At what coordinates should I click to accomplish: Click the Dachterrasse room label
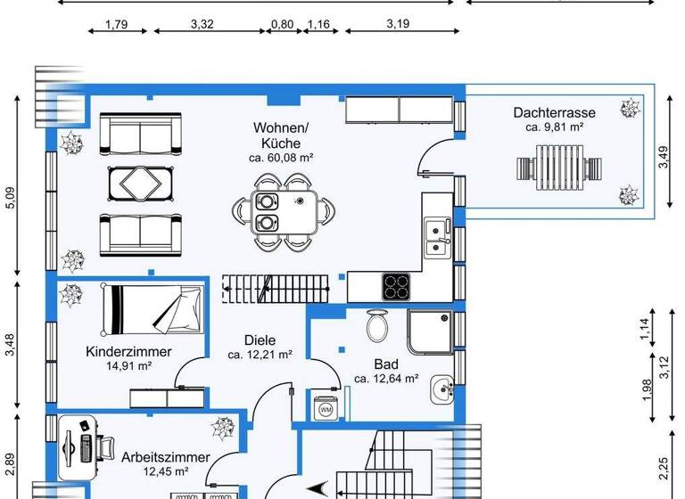[554, 112]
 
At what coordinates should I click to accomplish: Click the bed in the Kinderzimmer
[153, 308]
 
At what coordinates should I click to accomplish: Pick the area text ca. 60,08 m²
[281, 158]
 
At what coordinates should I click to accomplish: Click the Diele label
[260, 339]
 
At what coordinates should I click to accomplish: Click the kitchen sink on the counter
[436, 237]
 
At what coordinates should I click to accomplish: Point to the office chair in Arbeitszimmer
[103, 446]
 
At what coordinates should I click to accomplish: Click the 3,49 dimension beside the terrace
[663, 158]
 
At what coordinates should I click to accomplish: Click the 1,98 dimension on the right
[647, 390]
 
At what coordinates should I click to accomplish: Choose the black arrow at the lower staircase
[319, 488]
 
